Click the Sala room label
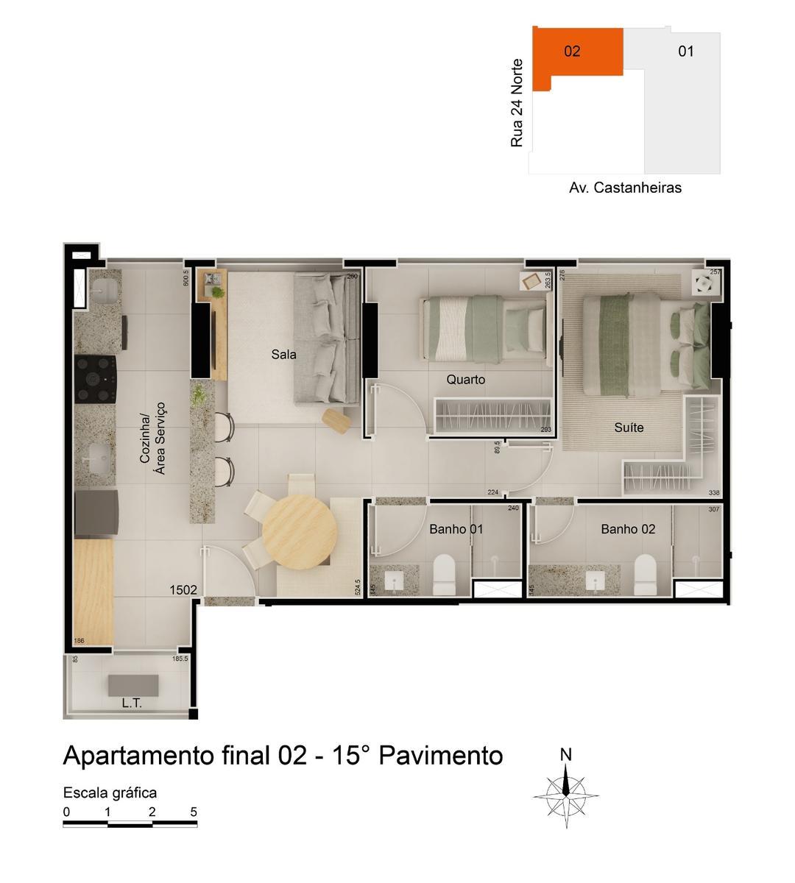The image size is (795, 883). [x=283, y=355]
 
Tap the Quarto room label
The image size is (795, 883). [x=466, y=380]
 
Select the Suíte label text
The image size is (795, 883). [x=629, y=428]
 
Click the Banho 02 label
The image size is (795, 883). [x=628, y=529]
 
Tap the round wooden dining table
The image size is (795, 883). [x=300, y=530]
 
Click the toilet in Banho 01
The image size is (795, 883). [x=445, y=574]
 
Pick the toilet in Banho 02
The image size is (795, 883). [x=645, y=574]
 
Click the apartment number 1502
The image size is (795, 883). [x=183, y=589]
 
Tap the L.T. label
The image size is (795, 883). [x=132, y=703]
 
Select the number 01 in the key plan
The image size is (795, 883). [x=686, y=52]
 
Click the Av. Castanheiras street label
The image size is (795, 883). [x=625, y=188]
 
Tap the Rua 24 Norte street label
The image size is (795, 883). [x=517, y=103]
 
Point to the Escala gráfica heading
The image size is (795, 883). [x=110, y=792]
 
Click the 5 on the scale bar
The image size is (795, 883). [x=194, y=812]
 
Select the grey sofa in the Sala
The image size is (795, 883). [x=326, y=338]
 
